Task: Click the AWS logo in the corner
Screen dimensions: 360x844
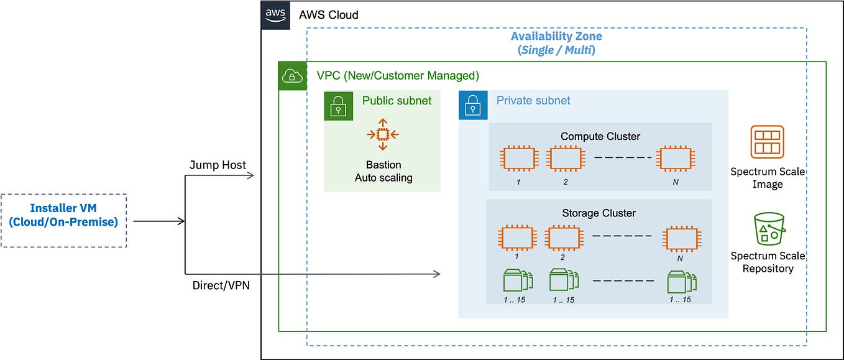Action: tap(275, 14)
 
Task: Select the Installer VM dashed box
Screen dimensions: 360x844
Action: tap(64, 221)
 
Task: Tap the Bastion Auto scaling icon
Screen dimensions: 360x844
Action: tap(383, 134)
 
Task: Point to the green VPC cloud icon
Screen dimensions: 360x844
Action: tap(292, 76)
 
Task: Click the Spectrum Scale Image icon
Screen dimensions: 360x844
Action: tap(767, 142)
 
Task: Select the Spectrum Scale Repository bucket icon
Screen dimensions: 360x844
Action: tap(768, 229)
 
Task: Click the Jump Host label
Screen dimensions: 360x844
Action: tap(218, 165)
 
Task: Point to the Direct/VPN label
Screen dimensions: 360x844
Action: tap(217, 285)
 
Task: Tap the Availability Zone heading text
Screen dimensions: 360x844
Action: tap(556, 36)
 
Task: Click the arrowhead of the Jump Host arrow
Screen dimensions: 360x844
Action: tap(251, 175)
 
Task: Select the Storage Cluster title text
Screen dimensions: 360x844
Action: tap(598, 213)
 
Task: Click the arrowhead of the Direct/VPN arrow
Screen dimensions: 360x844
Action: tap(437, 274)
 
